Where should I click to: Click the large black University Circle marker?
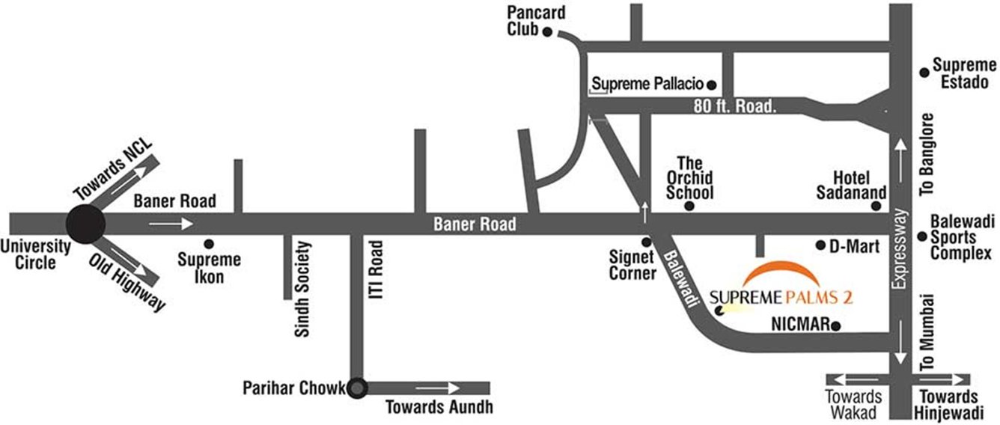tap(85, 223)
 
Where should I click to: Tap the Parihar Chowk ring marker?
tap(358, 388)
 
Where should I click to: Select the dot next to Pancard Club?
tap(547, 31)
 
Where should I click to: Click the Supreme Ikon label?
tap(210, 268)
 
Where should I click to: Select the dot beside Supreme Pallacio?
tap(712, 85)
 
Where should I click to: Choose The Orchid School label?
tap(689, 177)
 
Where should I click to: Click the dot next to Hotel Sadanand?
tap(884, 206)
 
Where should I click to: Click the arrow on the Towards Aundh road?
tap(438, 388)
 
